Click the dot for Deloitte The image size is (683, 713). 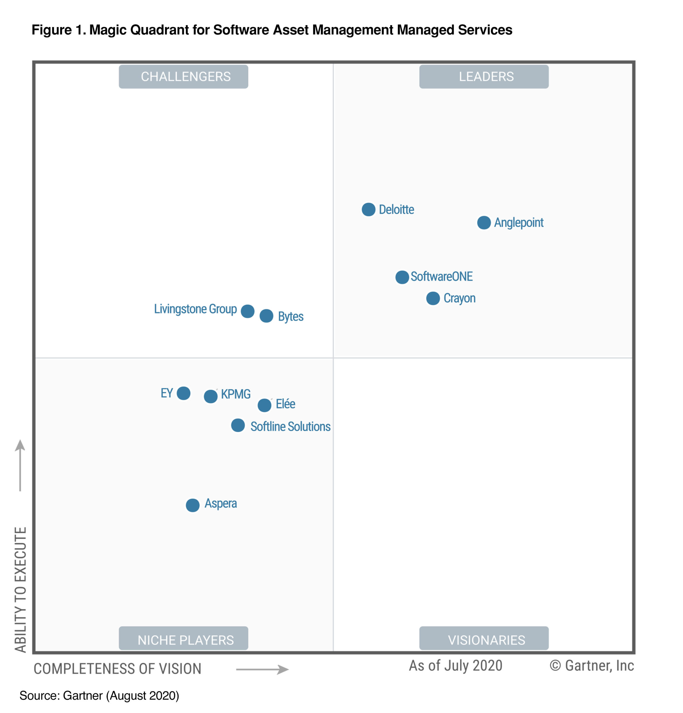[368, 209]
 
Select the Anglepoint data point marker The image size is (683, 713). [484, 223]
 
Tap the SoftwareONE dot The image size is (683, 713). [402, 277]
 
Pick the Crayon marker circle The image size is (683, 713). [433, 298]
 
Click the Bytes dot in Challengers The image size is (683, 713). [266, 316]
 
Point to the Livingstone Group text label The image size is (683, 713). [195, 309]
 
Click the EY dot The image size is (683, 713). [183, 393]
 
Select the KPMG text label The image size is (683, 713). [236, 394]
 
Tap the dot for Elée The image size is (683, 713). [265, 405]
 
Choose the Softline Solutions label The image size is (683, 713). [290, 427]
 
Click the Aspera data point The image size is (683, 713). [192, 505]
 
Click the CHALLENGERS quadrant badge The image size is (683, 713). [183, 77]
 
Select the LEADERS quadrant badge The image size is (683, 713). [484, 77]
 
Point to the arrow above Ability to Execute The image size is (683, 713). [20, 466]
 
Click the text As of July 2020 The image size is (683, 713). [455, 666]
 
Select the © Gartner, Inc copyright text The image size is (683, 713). [591, 666]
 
